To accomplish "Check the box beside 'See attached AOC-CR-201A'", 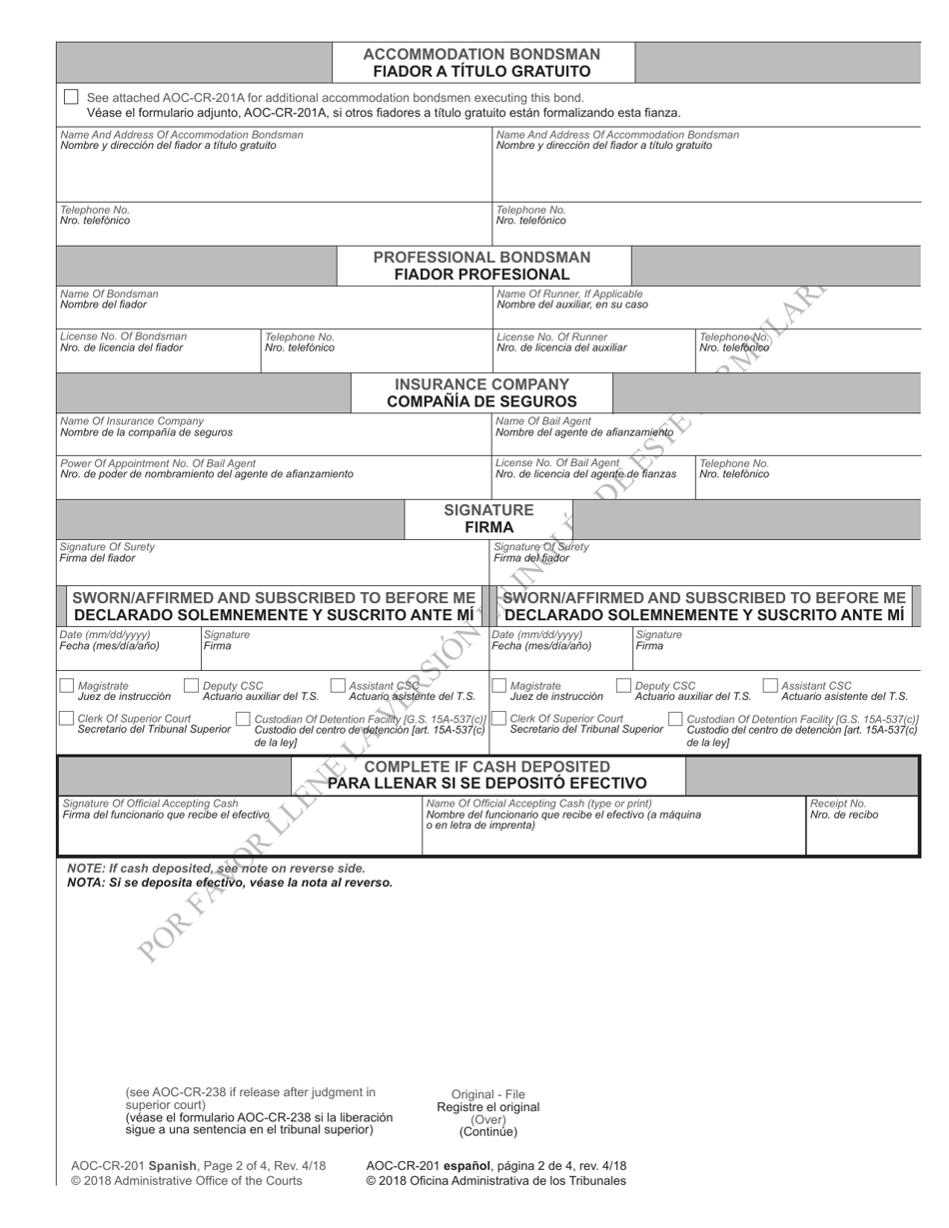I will (x=70, y=97).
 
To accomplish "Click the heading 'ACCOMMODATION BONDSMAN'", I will (x=481, y=54).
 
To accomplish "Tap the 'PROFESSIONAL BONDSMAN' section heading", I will (x=481, y=257).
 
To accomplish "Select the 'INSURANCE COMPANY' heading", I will (x=481, y=384).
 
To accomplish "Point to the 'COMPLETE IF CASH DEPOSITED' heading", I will (x=486, y=766).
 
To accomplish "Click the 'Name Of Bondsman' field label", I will (x=109, y=295).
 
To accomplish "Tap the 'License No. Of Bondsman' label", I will (x=123, y=336).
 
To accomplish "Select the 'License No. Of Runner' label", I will (x=551, y=336).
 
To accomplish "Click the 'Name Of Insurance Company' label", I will (x=132, y=421).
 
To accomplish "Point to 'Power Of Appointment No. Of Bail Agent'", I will (x=158, y=463).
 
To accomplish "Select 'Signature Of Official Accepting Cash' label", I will (x=150, y=803).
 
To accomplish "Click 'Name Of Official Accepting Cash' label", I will (x=538, y=803).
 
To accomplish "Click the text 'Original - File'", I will (x=487, y=1094).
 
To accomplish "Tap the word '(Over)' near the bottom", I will (x=488, y=1119).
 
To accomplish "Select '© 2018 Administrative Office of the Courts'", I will (x=187, y=1181).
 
